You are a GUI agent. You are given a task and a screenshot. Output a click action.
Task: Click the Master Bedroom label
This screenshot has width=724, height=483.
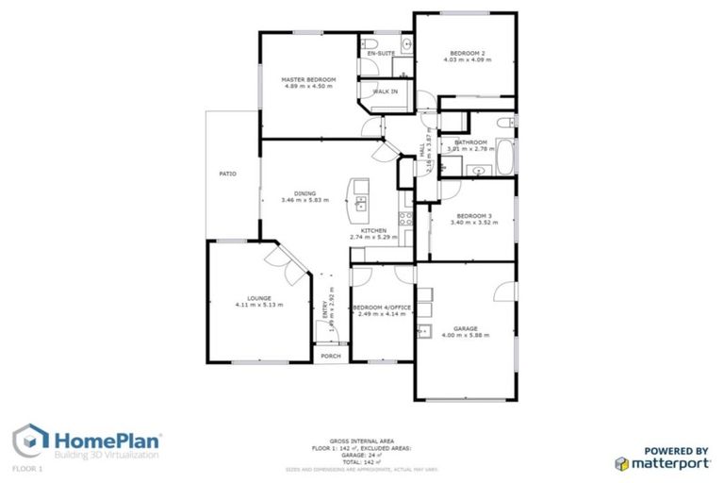click(308, 79)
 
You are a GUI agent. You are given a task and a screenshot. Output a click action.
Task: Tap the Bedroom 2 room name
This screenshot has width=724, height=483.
click(467, 53)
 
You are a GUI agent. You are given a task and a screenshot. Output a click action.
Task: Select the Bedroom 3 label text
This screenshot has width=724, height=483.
click(470, 216)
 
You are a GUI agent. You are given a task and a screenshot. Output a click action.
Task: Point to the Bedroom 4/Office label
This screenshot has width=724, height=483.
click(380, 308)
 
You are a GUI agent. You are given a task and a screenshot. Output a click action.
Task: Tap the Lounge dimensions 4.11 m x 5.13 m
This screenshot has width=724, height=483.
click(258, 305)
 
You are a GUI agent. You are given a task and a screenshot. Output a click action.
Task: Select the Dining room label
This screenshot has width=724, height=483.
click(304, 193)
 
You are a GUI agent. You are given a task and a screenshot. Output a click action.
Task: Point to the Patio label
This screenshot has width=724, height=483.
click(227, 174)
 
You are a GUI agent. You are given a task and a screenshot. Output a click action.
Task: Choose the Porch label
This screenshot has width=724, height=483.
click(330, 356)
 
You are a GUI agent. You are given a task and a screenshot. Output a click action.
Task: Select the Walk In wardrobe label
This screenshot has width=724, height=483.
click(385, 92)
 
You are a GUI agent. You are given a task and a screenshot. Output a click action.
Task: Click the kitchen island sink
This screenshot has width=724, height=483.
click(361, 201)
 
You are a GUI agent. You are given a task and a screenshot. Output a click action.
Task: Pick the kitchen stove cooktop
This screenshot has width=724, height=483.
click(406, 219)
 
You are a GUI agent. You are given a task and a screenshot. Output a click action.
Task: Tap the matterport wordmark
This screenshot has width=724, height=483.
click(670, 463)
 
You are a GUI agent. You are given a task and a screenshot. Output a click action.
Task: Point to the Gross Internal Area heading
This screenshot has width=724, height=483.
click(362, 440)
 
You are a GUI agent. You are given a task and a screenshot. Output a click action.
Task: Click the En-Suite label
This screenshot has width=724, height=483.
click(381, 54)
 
